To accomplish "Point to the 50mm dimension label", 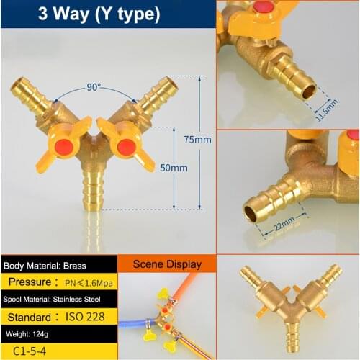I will point(173,168).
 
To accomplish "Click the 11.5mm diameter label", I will point(326,106).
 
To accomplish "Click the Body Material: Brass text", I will point(45,265).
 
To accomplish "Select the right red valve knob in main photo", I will point(127,147).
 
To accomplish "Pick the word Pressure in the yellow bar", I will point(30,282).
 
